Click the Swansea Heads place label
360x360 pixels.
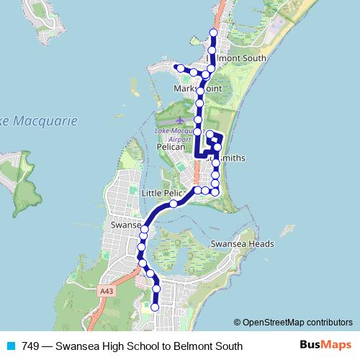[242, 244]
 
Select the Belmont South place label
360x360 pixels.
[236, 58]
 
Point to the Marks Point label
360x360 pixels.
[194, 89]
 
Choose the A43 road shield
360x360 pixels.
[107, 291]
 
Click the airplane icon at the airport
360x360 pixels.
[179, 119]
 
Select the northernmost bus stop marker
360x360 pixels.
[212, 32]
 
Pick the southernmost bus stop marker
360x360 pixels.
[155, 307]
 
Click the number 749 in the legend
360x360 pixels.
[30, 346]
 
